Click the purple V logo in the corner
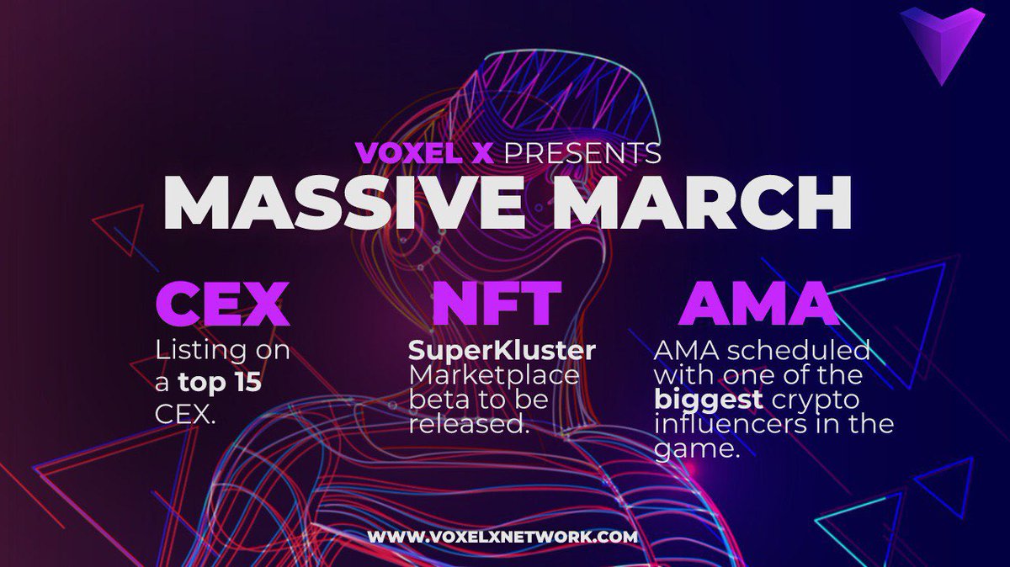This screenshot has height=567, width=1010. point(942,42)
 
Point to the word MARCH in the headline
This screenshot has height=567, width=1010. point(702,204)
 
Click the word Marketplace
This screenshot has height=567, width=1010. point(494,375)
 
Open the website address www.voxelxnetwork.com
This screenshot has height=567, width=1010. point(502,536)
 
